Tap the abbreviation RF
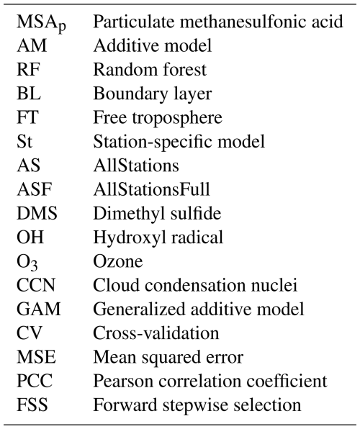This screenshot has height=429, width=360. pos(29,69)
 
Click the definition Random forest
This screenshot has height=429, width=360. pos(150,69)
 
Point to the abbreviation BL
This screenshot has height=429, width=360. pos(29,94)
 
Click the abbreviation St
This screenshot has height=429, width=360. pos(24,142)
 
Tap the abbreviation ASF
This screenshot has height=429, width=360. pos(35,189)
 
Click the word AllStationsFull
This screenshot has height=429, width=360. pos(152,189)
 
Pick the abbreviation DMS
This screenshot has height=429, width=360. pos(37,213)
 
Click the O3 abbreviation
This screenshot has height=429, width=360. pos(27,263)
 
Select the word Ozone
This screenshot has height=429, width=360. pos(118,261)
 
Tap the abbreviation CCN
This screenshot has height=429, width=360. pos(36,285)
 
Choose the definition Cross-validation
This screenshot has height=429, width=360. pos(156,333)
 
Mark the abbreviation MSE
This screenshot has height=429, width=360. pos(37,358)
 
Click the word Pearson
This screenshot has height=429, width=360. pos(124,381)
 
